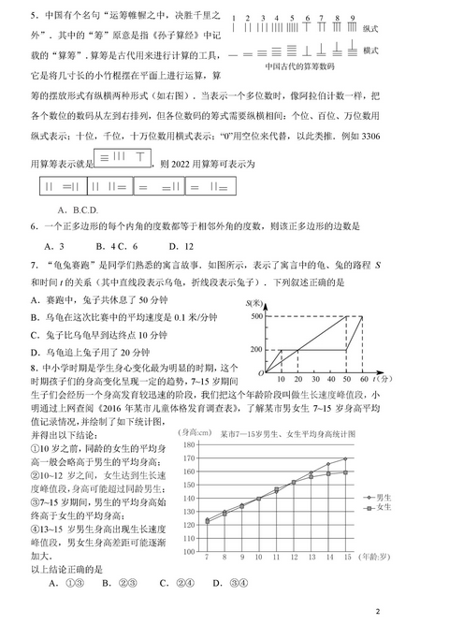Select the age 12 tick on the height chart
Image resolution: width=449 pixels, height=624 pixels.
pos(293,558)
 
